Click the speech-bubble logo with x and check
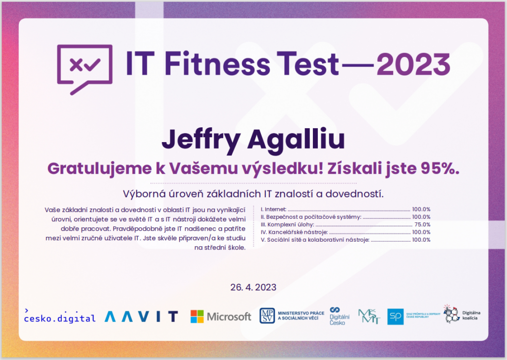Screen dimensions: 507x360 coord(85,69)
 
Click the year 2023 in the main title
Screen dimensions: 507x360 coord(413,64)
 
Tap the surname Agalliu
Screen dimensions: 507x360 coord(296,140)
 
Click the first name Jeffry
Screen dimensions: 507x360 coord(201,141)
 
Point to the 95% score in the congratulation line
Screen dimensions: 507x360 coord(440,168)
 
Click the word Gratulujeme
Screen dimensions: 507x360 coord(100,169)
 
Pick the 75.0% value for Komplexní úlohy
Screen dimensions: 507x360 coord(422,224)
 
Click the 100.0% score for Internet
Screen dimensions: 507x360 coord(421,209)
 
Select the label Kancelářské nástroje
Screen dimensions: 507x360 coord(298,232)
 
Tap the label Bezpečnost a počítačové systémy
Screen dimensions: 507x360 coord(313,217)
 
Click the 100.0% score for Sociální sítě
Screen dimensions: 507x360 coord(421,240)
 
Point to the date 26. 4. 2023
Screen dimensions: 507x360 coord(253,287)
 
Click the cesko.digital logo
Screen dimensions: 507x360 coord(60,316)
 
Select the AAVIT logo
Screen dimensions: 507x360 coord(141,316)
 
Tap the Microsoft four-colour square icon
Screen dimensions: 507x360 coord(197,316)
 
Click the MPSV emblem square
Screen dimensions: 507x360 coord(267,316)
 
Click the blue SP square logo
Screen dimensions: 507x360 coord(396,316)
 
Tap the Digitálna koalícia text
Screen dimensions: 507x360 coord(471,315)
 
